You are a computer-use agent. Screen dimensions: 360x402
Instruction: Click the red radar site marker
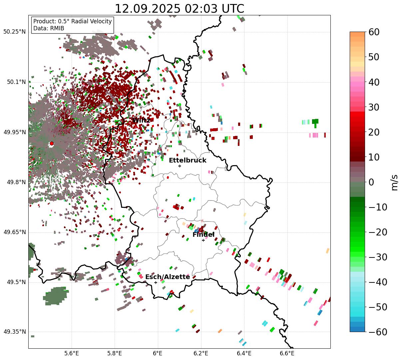point(52,144)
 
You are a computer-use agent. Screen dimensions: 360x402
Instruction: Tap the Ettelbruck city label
point(188,161)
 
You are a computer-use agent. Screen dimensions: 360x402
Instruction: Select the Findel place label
point(203,235)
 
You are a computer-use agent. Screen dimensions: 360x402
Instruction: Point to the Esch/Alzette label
point(168,277)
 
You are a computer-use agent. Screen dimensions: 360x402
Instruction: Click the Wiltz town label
point(141,120)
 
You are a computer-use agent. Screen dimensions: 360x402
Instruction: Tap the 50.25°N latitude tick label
point(14,32)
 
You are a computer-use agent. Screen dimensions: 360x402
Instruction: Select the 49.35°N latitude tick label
point(14,332)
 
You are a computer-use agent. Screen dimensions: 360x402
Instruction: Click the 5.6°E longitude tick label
point(71,353)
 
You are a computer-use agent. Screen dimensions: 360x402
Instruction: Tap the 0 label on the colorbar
point(371,182)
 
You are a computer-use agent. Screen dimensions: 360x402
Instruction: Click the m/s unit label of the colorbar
point(395,182)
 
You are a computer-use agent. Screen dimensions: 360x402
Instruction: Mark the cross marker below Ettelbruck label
point(180,166)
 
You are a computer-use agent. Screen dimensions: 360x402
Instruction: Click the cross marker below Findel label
point(203,240)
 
